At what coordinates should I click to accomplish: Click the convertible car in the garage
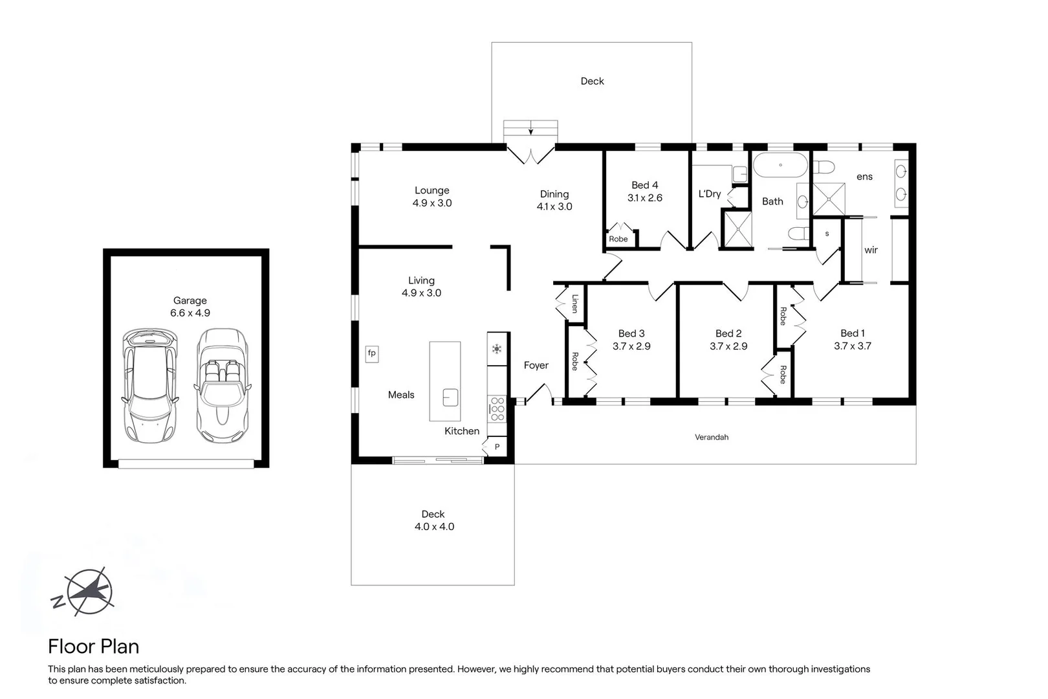pyautogui.click(x=222, y=385)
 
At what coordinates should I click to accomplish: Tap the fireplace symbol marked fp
pyautogui.click(x=372, y=353)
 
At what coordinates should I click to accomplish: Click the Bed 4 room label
pyautogui.click(x=644, y=185)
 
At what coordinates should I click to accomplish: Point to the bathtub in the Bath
pyautogui.click(x=780, y=165)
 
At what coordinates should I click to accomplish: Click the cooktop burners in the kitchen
pyautogui.click(x=497, y=409)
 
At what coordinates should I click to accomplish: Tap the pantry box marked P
pyautogui.click(x=497, y=447)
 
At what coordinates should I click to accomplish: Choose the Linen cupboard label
pyautogui.click(x=574, y=304)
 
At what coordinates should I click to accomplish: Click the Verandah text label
pyautogui.click(x=712, y=438)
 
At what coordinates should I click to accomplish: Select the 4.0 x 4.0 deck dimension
pyautogui.click(x=434, y=527)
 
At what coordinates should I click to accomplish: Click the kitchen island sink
pyautogui.click(x=450, y=397)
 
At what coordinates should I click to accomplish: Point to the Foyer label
pyautogui.click(x=536, y=366)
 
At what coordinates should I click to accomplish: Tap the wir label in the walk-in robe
pyautogui.click(x=871, y=250)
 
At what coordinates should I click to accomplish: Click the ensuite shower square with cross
pyautogui.click(x=829, y=199)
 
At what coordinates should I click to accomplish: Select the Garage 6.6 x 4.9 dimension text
pyautogui.click(x=190, y=313)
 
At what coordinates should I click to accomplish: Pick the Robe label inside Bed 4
pyautogui.click(x=618, y=239)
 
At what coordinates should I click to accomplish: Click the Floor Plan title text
pyautogui.click(x=94, y=647)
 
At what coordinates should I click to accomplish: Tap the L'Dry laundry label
pyautogui.click(x=709, y=194)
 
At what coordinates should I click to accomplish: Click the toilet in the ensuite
pyautogui.click(x=823, y=168)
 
